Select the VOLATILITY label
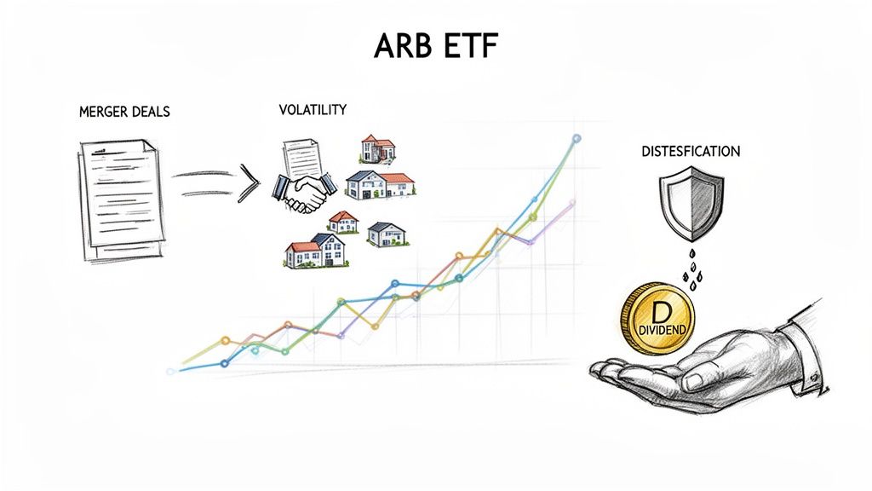pyautogui.click(x=313, y=110)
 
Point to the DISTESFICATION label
pyautogui.click(x=690, y=151)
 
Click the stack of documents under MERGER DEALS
pyautogui.click(x=118, y=200)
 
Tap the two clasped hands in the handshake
pyautogui.click(x=304, y=194)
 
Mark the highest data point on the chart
pyautogui.click(x=577, y=138)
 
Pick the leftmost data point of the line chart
pyautogui.click(x=170, y=371)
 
